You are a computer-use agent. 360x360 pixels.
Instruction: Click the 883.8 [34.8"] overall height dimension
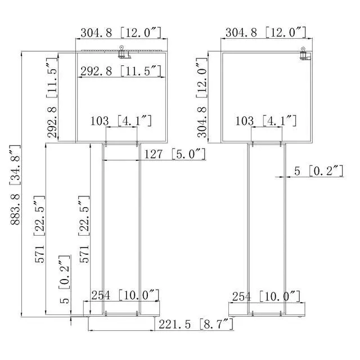[x=16, y=185]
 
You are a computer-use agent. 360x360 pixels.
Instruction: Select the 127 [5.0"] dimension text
[x=175, y=154]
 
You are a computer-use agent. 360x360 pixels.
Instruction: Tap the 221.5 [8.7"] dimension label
[x=196, y=324]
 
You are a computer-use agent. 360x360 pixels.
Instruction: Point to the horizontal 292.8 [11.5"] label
[x=121, y=71]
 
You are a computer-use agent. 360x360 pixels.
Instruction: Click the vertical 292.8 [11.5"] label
[x=52, y=97]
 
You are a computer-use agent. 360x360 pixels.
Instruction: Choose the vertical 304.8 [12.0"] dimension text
[x=202, y=97]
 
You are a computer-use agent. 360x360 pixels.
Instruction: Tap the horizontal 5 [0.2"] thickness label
[x=319, y=171]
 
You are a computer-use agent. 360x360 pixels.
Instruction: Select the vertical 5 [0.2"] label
[x=65, y=280]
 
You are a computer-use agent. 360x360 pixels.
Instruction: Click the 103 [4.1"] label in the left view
[x=121, y=120]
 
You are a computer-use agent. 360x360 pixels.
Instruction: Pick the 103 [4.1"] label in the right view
[x=266, y=120]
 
